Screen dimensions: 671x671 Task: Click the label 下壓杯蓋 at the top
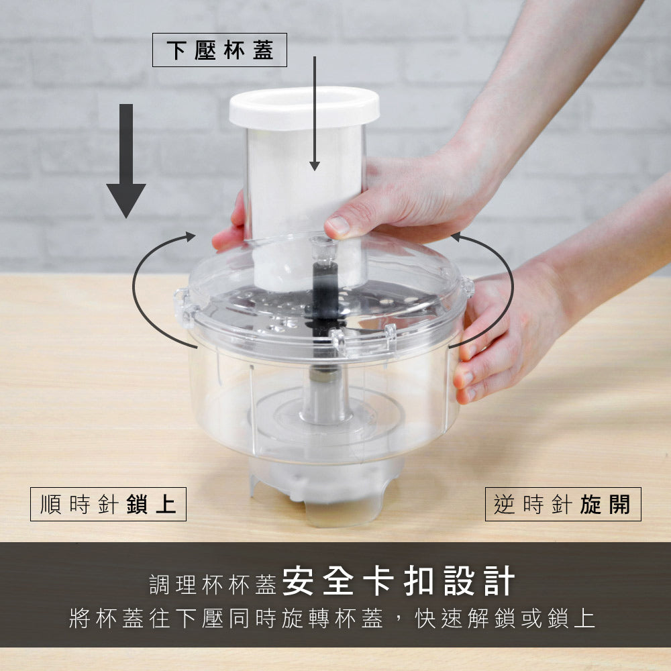point(219,51)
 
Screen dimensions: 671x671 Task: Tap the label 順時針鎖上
point(108,505)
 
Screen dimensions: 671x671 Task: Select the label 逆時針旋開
point(562,505)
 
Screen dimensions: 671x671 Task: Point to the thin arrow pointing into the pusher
point(314,114)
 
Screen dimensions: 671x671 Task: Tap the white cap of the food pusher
point(304,107)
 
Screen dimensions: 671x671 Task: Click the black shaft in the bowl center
point(325,295)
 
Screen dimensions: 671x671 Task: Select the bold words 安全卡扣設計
point(399,581)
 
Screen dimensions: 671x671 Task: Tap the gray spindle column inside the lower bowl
point(325,396)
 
